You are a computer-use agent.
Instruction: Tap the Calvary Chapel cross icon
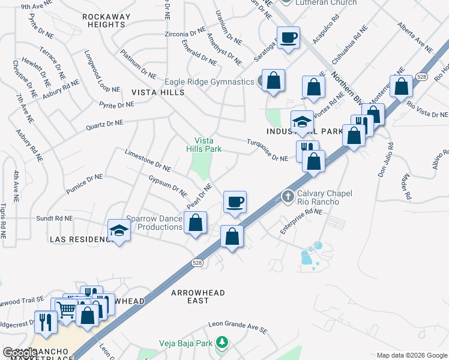(288, 196)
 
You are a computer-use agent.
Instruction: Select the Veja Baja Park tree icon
(222, 342)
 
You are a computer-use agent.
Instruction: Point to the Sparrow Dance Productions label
(154, 223)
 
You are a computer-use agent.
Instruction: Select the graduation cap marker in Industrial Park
(302, 122)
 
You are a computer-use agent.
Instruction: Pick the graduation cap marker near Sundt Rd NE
(119, 231)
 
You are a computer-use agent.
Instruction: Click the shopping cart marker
(67, 310)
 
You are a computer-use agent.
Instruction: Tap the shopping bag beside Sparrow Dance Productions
(196, 223)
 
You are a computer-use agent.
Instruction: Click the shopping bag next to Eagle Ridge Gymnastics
(274, 80)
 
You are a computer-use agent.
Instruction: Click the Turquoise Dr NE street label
(268, 150)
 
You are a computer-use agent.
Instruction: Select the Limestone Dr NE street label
(148, 158)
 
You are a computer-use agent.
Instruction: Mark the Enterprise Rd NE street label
(302, 221)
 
